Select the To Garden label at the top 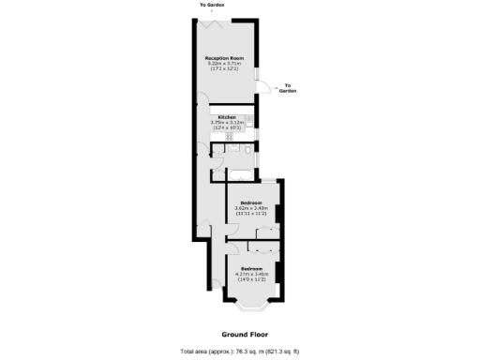coord(212,5)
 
